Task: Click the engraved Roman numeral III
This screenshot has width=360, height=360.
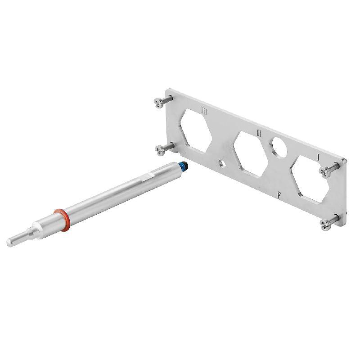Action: [204, 111]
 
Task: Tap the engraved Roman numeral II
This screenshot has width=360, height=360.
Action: [259, 133]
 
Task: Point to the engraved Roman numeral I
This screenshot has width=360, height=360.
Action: [319, 157]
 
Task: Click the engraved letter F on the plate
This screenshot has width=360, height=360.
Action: [279, 195]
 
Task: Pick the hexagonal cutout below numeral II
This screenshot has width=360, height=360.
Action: [251, 154]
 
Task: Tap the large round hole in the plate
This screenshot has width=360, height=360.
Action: [278, 148]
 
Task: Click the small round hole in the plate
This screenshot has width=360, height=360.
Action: [222, 163]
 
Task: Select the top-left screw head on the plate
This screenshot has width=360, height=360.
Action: [159, 103]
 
